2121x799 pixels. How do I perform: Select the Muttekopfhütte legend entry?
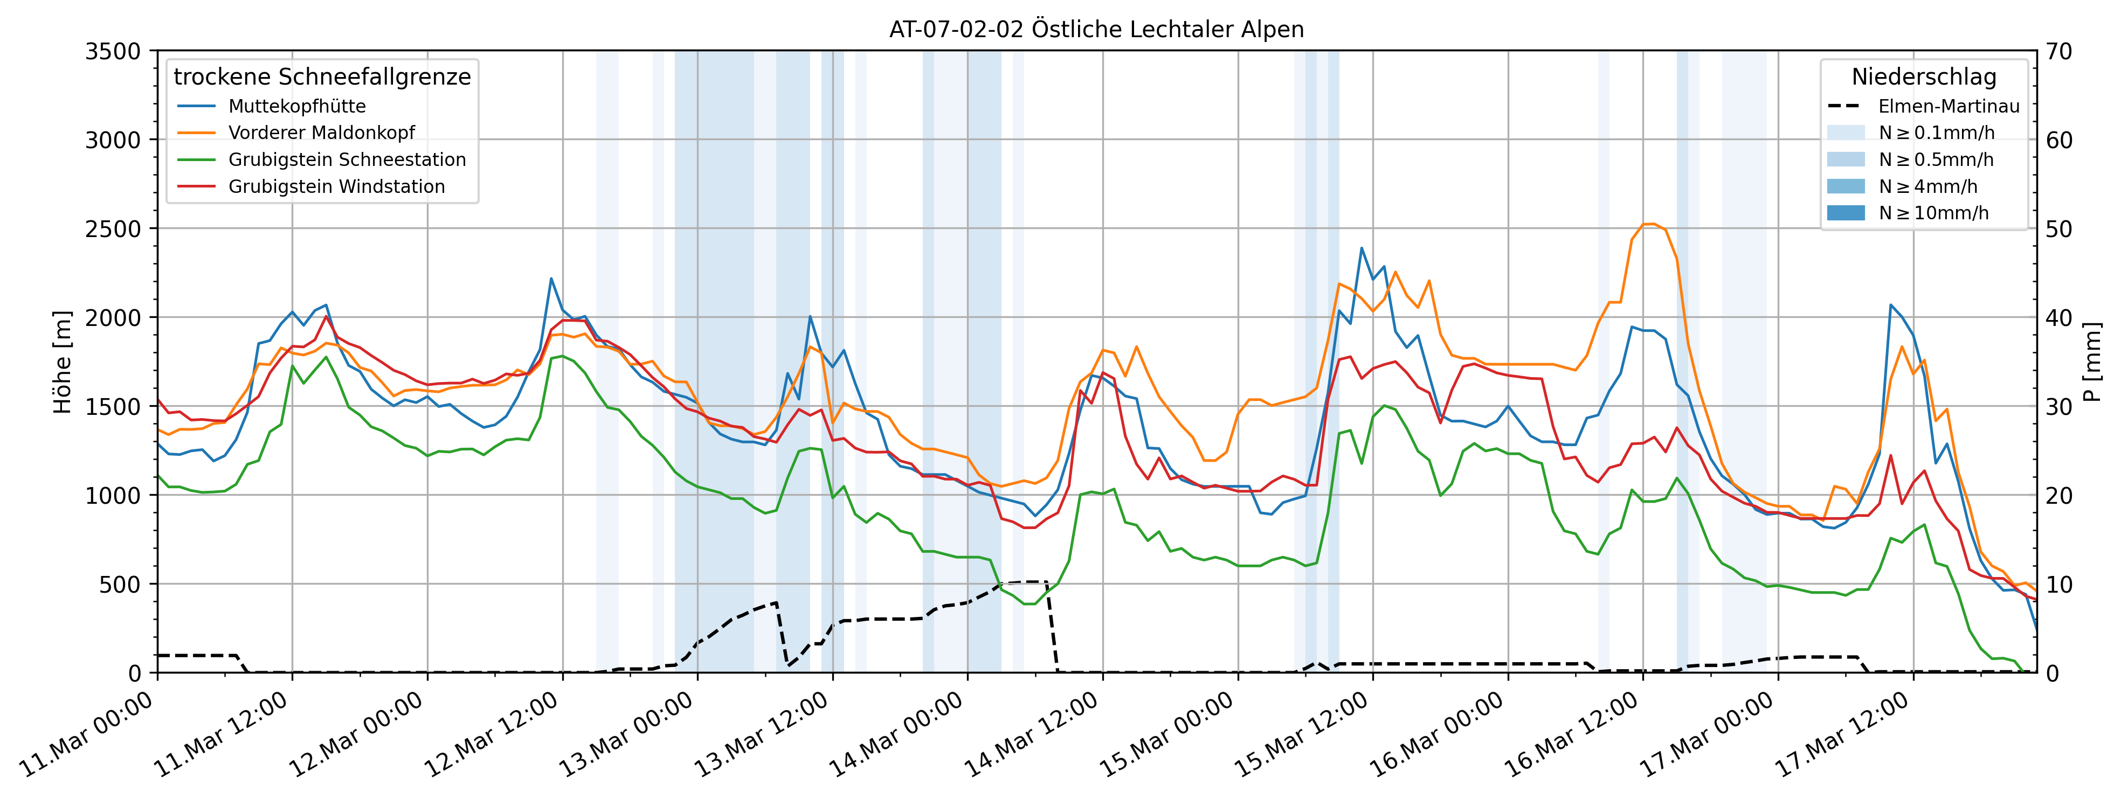[x=296, y=106]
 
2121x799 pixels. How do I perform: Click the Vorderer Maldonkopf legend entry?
[x=321, y=133]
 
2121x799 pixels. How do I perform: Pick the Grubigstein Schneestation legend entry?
[x=347, y=159]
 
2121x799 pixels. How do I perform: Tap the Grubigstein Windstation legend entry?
[x=336, y=187]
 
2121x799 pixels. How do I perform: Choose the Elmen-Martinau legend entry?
[x=1948, y=106]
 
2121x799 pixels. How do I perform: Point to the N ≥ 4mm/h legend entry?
[x=1926, y=187]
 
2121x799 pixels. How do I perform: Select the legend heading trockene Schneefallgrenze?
[x=322, y=77]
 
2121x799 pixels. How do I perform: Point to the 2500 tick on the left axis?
[x=113, y=229]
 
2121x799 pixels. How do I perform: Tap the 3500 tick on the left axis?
[x=113, y=51]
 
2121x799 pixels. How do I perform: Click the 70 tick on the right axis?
[x=2059, y=51]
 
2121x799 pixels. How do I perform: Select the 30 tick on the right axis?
[x=2059, y=406]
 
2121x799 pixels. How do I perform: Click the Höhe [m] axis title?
[x=63, y=362]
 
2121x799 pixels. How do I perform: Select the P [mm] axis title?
[x=2092, y=362]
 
